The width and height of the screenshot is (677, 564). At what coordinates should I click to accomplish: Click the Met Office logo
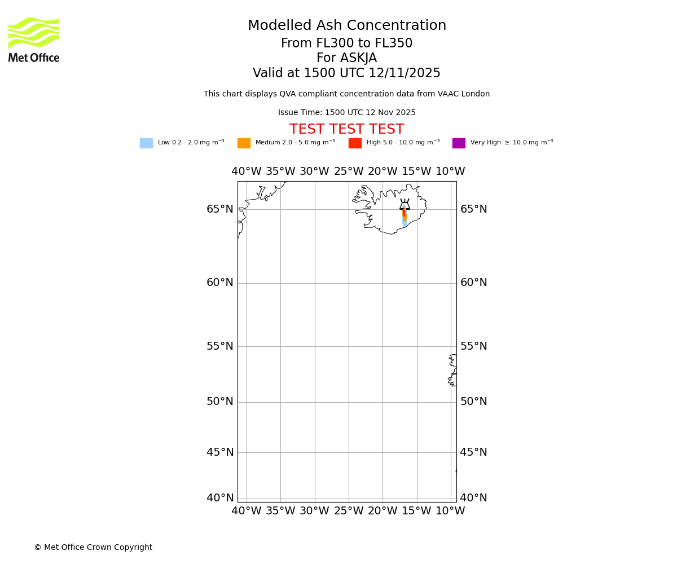[x=34, y=39]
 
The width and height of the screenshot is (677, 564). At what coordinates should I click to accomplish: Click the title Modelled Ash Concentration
[x=346, y=26]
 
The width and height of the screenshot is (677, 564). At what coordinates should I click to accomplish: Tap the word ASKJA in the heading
[x=346, y=58]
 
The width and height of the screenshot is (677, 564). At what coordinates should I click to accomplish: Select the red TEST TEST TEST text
[x=346, y=130]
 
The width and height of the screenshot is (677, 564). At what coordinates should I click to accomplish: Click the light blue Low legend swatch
[x=146, y=143]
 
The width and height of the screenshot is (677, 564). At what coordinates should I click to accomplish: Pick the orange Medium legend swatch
[x=244, y=143]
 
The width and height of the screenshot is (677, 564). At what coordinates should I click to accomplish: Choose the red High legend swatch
[x=355, y=143]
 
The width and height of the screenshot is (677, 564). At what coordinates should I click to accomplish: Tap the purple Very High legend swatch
[x=459, y=143]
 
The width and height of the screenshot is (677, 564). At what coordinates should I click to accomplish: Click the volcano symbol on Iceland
[x=405, y=205]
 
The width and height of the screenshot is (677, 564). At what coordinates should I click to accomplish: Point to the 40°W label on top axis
[x=247, y=171]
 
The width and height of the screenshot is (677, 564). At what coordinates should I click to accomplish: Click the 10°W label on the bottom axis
[x=450, y=511]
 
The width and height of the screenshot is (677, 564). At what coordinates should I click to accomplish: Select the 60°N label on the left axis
[x=220, y=283]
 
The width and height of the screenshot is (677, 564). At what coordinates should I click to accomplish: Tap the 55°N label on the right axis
[x=474, y=346]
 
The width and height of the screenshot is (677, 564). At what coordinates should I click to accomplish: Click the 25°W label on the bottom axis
[x=349, y=511]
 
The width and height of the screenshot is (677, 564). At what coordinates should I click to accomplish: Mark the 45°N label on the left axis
[x=220, y=452]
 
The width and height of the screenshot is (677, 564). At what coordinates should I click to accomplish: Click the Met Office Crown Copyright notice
[x=93, y=547]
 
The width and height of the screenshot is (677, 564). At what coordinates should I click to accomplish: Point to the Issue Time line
[x=346, y=113]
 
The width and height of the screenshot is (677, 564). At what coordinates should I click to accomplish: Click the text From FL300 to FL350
[x=346, y=43]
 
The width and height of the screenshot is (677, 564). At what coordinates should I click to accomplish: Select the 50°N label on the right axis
[x=474, y=402]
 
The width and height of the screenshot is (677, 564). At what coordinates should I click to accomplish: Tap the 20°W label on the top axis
[x=383, y=171]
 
